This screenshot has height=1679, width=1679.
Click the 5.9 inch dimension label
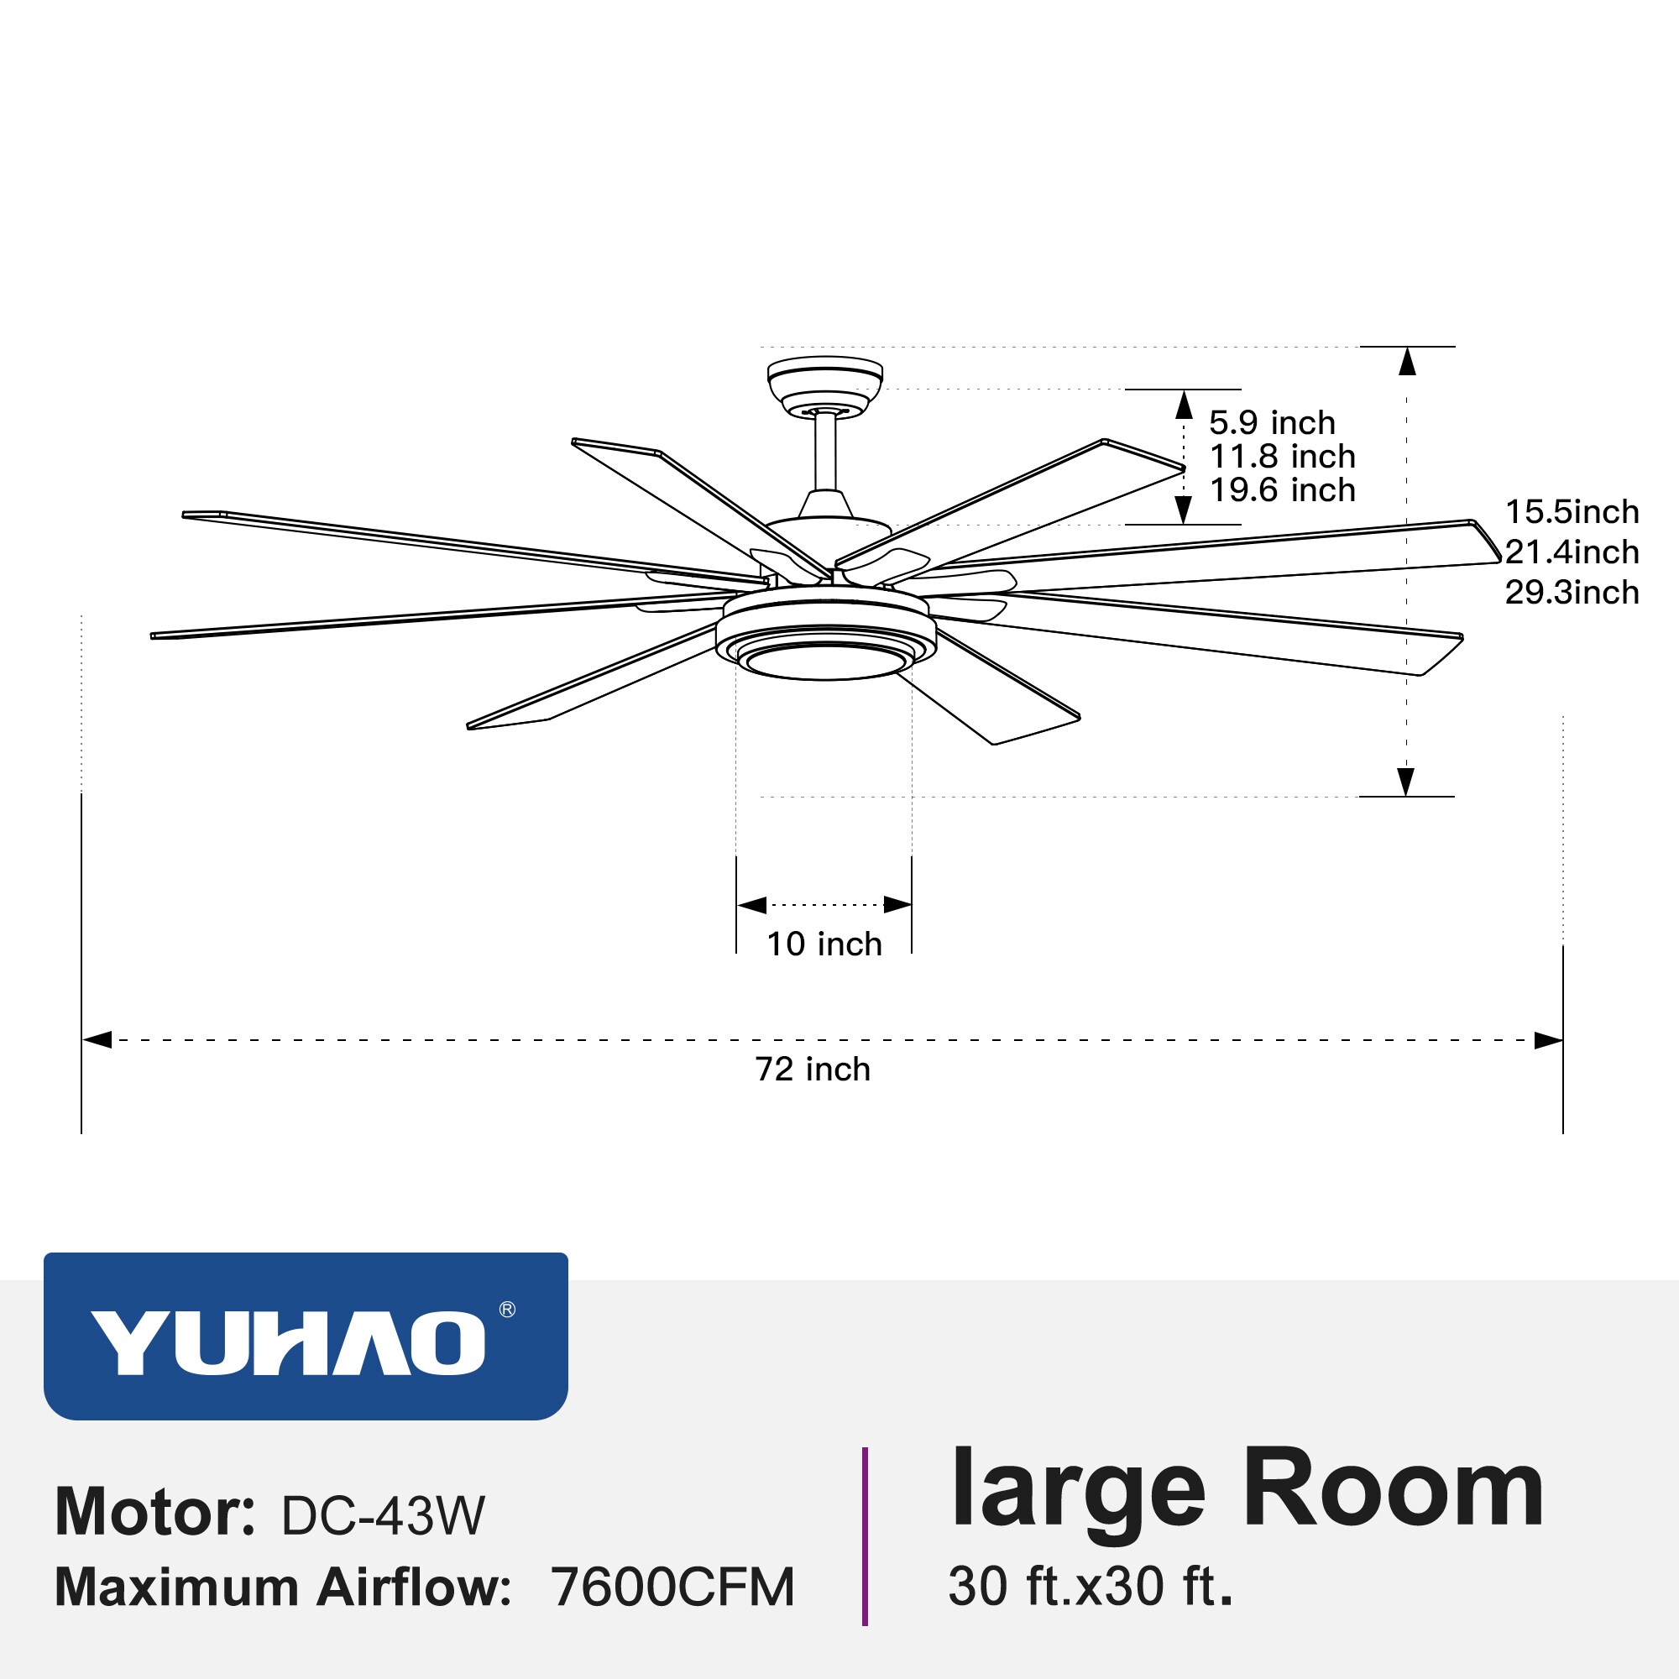tap(1271, 423)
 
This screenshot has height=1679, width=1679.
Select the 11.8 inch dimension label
tap(1282, 456)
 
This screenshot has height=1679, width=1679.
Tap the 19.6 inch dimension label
tap(1282, 490)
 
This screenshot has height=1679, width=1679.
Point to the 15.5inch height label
tap(1572, 512)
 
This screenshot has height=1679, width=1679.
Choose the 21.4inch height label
tap(1572, 552)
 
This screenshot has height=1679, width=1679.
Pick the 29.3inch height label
tap(1572, 593)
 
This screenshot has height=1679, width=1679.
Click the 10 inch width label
tap(824, 944)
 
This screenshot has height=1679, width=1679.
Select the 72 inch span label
tap(813, 1069)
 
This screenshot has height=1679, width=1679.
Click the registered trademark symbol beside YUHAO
tap(508, 1310)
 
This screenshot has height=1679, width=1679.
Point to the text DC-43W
tap(382, 1516)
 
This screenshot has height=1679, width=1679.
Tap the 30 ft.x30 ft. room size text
tap(1091, 1587)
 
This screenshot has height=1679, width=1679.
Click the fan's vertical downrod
tap(824, 452)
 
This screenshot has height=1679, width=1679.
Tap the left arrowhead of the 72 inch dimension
tap(97, 1040)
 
